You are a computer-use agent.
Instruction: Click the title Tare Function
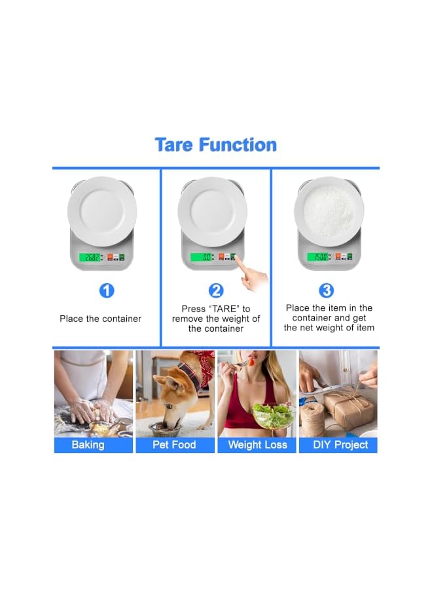click(215, 145)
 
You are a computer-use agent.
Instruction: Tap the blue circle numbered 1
click(107, 290)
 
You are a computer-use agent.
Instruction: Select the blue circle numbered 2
click(216, 290)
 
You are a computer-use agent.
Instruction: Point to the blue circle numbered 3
click(326, 290)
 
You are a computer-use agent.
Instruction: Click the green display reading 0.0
click(202, 258)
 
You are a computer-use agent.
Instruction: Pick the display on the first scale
click(90, 258)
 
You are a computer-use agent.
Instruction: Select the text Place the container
click(100, 319)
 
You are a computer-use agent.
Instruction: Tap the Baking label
click(88, 444)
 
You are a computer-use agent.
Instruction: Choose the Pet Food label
click(174, 444)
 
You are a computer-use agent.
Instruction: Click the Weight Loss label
click(257, 444)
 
